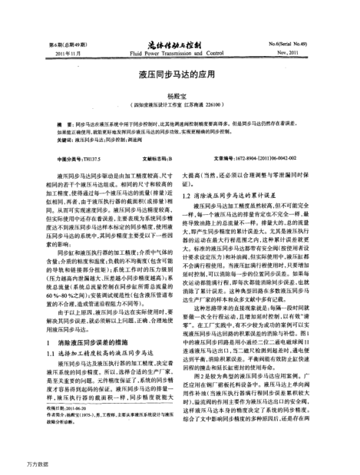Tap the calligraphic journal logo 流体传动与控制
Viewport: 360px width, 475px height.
(180, 47)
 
